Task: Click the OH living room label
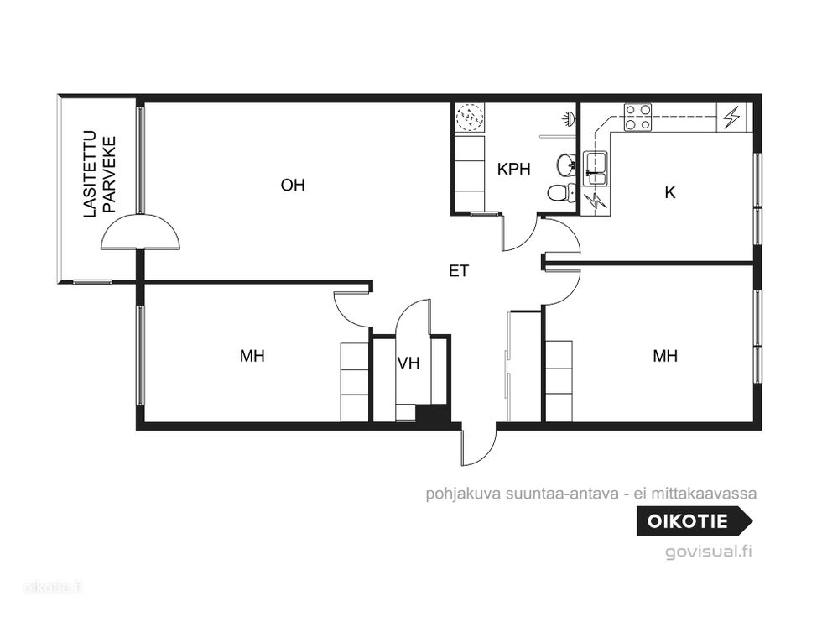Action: (x=293, y=186)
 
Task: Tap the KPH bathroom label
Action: (x=513, y=169)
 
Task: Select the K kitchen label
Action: (x=670, y=192)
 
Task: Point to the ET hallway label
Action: (x=459, y=270)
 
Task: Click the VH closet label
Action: (x=408, y=363)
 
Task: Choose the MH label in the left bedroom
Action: (x=252, y=356)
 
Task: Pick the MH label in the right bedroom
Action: (x=665, y=356)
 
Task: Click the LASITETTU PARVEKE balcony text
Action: (x=100, y=175)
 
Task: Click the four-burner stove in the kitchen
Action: (x=637, y=118)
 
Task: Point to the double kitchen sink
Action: (x=596, y=168)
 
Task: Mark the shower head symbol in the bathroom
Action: (x=570, y=118)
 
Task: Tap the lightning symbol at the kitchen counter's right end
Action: (x=731, y=118)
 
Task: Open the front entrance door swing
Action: (x=479, y=446)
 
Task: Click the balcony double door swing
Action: (x=141, y=232)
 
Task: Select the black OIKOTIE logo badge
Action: (x=695, y=521)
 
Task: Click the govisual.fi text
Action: (x=709, y=552)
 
